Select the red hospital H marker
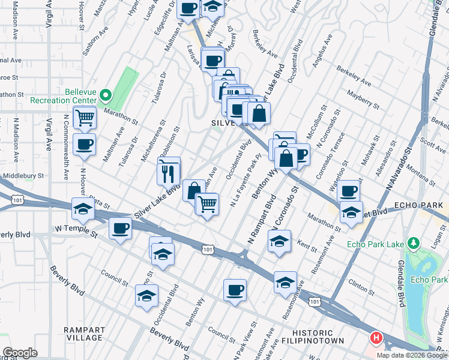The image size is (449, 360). click(x=376, y=339)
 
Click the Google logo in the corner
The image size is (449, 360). click(x=20, y=353)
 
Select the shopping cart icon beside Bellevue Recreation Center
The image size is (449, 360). click(x=85, y=118)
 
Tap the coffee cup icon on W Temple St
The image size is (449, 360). click(x=121, y=229)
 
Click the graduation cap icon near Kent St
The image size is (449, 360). click(x=279, y=241)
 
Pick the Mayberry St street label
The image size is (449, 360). click(x=360, y=94)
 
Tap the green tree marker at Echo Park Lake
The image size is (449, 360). click(x=413, y=243)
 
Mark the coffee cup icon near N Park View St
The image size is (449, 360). click(x=235, y=290)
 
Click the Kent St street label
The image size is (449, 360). click(x=306, y=245)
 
